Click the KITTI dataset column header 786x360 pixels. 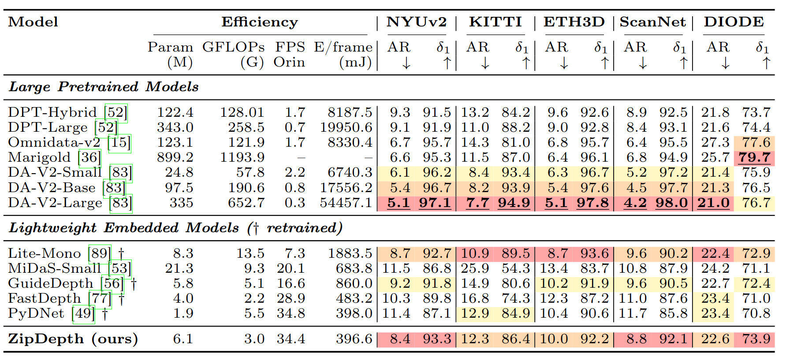(495, 22)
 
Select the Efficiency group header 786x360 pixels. (260, 22)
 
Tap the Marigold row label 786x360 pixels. (39, 157)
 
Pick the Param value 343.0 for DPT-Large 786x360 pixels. (175, 127)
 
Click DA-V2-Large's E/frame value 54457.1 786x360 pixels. (346, 203)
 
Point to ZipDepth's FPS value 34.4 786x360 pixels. (291, 339)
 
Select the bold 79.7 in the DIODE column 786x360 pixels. (754, 157)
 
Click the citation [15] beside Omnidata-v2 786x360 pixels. (119, 142)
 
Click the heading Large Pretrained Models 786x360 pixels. (104, 87)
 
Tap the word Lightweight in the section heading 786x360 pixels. (52, 228)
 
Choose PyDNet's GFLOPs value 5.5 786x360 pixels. (254, 313)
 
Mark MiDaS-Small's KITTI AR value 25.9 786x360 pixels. (475, 268)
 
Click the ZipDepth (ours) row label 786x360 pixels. (73, 339)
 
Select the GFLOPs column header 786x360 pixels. (234, 47)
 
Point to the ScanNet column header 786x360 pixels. (652, 22)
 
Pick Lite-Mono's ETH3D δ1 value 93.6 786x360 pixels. (594, 253)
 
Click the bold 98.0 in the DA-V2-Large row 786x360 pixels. (671, 203)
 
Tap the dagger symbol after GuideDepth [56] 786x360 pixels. (134, 283)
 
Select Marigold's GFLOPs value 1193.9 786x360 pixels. (242, 157)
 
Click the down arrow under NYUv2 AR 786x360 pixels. (406, 63)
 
